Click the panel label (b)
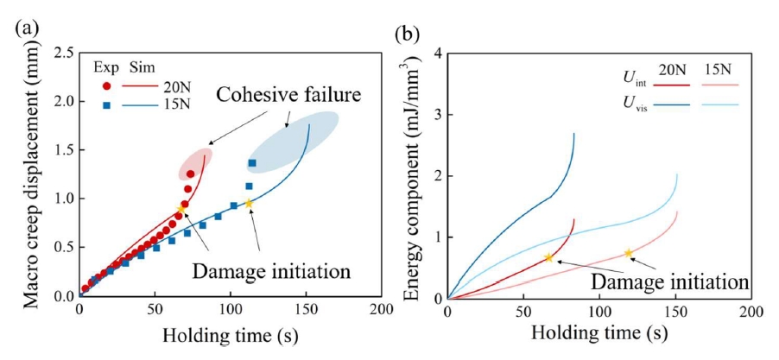407,35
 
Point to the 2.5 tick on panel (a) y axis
61,54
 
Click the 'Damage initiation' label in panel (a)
271,269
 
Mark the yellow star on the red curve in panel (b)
548,257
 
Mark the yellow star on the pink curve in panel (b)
629,253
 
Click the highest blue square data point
252,163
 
